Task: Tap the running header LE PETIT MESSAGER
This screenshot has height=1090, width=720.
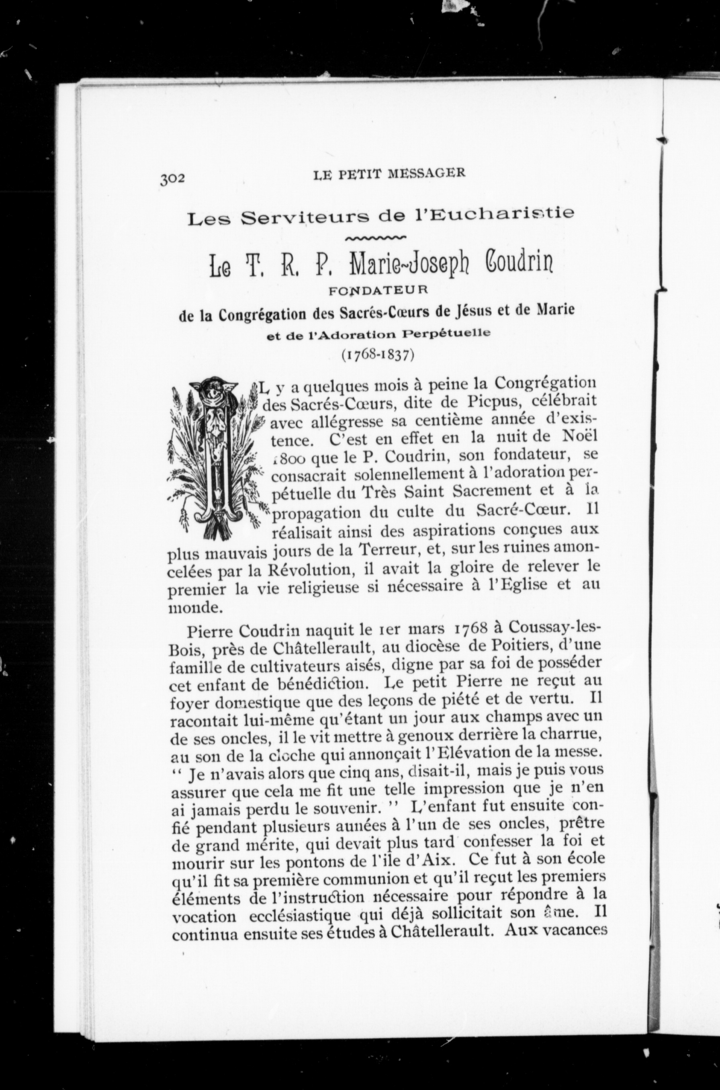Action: (389, 173)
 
